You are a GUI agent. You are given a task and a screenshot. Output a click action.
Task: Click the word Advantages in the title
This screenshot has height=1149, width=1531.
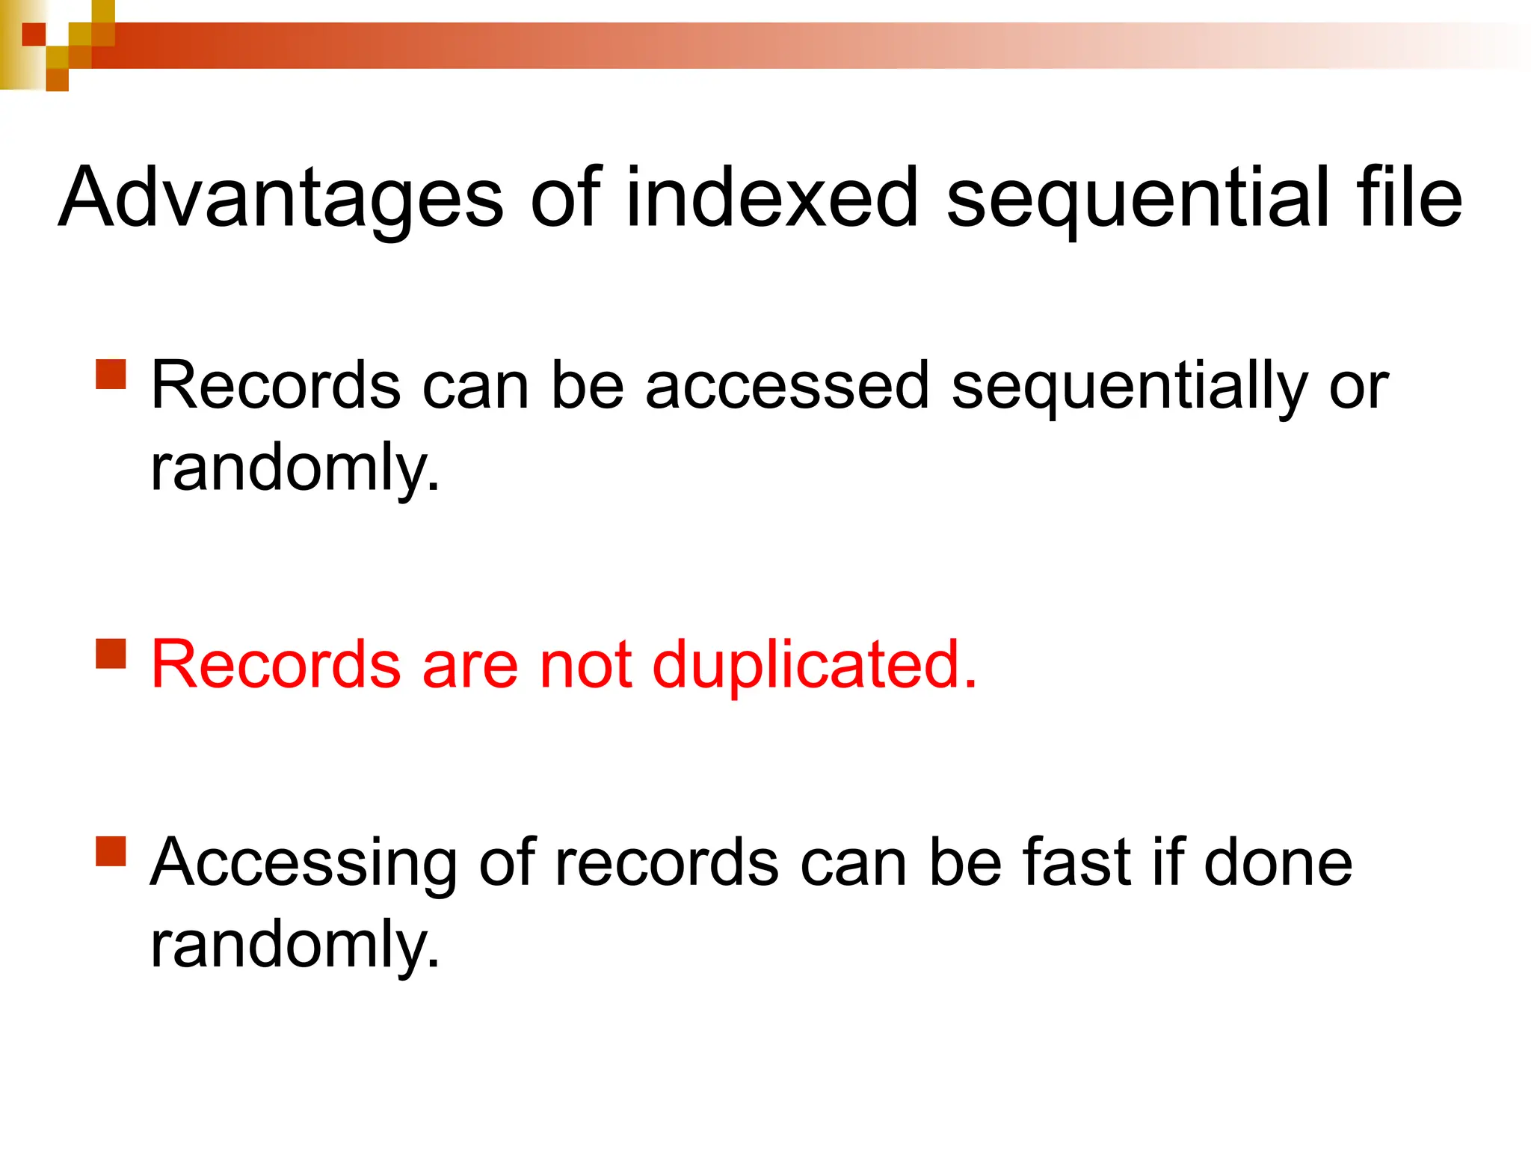[x=281, y=198]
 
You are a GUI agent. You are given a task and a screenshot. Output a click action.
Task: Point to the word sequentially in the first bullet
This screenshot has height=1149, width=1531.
[x=1129, y=387]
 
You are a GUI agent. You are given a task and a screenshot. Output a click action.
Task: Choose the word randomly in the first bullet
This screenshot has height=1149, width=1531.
[x=295, y=469]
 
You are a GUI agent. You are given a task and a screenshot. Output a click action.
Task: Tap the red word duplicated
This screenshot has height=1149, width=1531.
[x=814, y=665]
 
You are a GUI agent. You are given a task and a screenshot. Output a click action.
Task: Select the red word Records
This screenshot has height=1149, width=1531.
[x=276, y=665]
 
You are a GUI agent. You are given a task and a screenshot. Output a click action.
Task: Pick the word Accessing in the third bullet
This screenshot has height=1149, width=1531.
[x=303, y=864]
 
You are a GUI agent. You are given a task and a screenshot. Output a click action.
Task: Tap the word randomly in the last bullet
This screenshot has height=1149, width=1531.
[x=295, y=946]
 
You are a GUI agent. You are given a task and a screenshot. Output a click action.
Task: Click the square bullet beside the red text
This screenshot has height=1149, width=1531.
[x=111, y=653]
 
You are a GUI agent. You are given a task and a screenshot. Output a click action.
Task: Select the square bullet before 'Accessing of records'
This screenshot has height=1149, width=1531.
[x=111, y=851]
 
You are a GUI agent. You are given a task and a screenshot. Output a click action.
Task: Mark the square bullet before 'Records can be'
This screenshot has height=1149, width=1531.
[x=111, y=375]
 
